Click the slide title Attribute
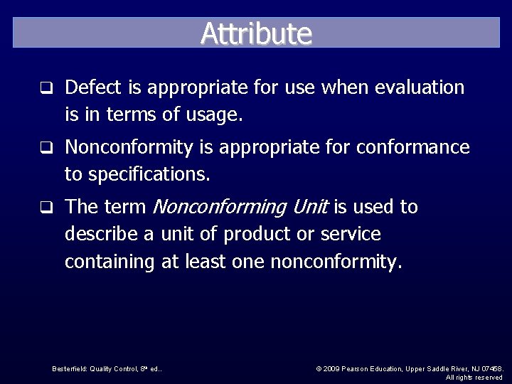[256, 33]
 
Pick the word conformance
[412, 147]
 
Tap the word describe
[98, 234]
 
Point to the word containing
[110, 262]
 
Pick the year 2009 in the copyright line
[331, 368]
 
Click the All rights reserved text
[474, 378]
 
